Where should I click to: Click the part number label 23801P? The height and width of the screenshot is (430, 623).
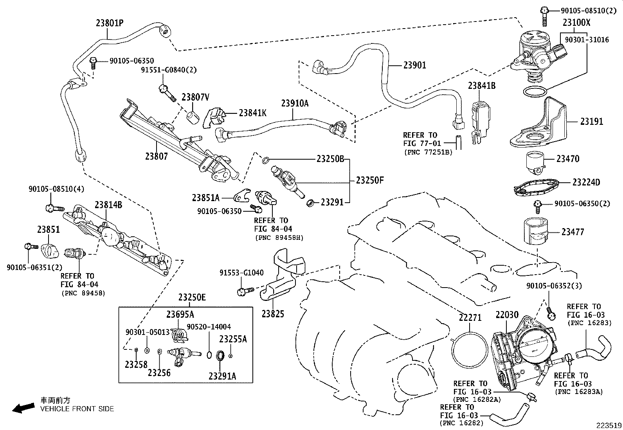(x=110, y=23)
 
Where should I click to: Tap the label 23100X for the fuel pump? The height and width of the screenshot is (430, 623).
(x=576, y=22)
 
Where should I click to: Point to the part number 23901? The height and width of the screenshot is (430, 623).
(x=414, y=65)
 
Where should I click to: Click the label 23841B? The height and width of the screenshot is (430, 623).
(x=481, y=85)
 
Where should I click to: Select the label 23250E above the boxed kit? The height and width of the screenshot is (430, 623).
(x=192, y=297)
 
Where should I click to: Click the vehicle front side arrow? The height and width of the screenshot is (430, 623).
(x=23, y=408)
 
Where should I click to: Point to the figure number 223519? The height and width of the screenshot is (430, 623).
(x=609, y=425)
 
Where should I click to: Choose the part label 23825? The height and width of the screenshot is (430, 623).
(x=272, y=314)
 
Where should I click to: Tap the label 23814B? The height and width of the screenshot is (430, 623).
(x=108, y=205)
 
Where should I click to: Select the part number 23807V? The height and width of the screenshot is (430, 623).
(x=195, y=97)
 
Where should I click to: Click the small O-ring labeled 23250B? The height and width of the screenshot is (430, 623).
(x=265, y=160)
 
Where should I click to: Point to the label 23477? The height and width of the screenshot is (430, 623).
(x=573, y=232)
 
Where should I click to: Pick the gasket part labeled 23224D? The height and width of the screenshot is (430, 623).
(x=536, y=187)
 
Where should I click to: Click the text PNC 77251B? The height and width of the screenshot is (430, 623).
(x=428, y=152)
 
